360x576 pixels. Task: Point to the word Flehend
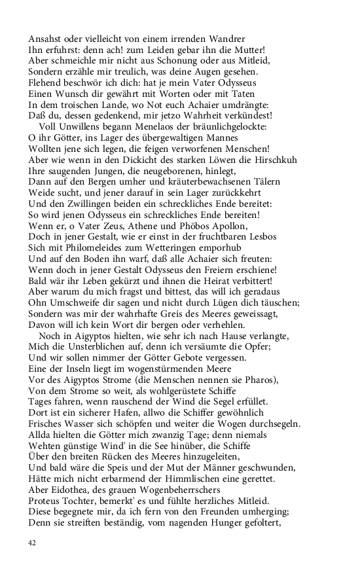46,83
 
